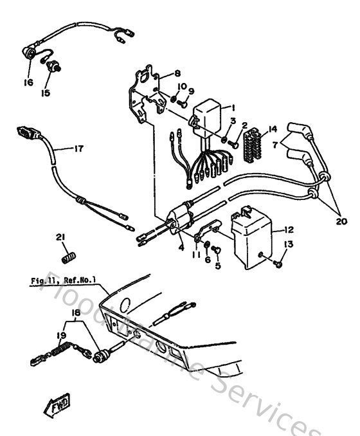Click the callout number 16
(x=28, y=83)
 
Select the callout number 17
(x=77, y=149)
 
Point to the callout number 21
(x=60, y=238)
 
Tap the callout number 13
(x=287, y=244)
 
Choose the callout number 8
(x=177, y=73)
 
